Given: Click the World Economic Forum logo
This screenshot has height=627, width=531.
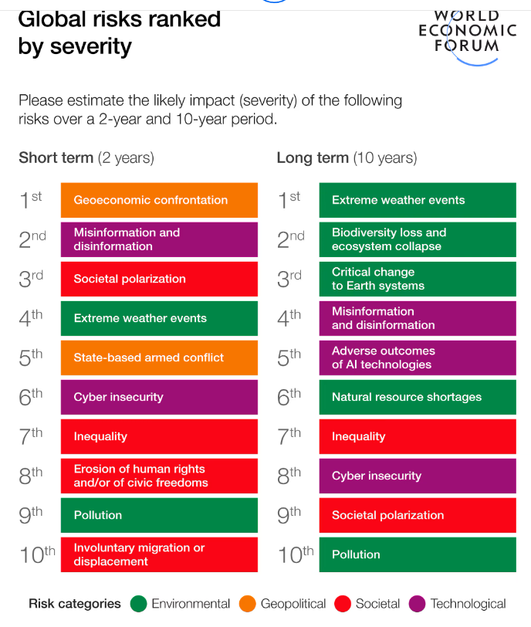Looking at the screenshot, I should [467, 31].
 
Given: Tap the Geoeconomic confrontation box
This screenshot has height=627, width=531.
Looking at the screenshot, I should [159, 200].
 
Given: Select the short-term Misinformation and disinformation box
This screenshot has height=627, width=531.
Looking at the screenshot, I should [159, 239].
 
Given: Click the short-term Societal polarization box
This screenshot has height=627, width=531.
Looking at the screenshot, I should [159, 279].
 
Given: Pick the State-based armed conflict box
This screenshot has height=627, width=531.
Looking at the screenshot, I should [159, 358].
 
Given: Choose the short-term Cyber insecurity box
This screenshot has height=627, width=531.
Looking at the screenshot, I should [159, 397].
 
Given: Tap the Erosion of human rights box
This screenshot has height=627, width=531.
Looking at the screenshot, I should [159, 476].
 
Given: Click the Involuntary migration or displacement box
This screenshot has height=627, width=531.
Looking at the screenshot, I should [159, 554].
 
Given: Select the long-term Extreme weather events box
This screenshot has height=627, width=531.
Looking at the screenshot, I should [417, 200].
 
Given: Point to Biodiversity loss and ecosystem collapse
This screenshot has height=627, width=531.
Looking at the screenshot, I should [417, 239].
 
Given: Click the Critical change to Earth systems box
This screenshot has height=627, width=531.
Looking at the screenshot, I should [417, 279].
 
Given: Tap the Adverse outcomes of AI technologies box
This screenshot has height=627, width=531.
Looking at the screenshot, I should [417, 358].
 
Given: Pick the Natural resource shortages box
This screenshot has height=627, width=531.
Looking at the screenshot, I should [417, 397].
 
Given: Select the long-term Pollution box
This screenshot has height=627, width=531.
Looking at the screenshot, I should [417, 554].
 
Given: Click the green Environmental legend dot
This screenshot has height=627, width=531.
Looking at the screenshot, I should [139, 604].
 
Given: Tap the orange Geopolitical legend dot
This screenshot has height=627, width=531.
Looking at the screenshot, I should [248, 604].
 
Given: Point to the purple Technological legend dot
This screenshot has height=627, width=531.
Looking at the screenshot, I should [418, 604].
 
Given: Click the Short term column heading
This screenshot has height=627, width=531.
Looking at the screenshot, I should [86, 158].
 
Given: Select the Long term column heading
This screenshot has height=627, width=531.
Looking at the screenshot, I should [347, 158].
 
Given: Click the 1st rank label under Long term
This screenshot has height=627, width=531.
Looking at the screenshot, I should [289, 200].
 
